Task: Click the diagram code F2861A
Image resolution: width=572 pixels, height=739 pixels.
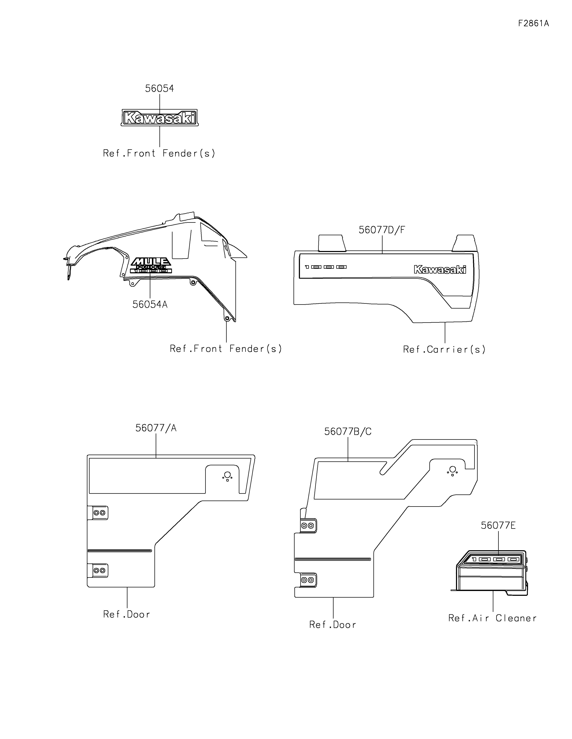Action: pos(533,23)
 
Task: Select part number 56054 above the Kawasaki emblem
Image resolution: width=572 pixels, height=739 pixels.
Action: pos(159,89)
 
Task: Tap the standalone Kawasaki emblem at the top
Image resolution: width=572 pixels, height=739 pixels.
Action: pos(159,118)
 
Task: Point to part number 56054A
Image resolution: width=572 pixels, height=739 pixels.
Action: pos(150,305)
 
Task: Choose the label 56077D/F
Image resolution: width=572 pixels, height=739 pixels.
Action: pos(382,230)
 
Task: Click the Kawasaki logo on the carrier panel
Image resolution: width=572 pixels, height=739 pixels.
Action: pos(440,270)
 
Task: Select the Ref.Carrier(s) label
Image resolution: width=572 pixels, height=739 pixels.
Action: pos(444,349)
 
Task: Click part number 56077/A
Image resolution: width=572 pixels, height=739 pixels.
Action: pos(156,428)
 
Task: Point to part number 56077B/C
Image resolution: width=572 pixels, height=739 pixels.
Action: pos(348,432)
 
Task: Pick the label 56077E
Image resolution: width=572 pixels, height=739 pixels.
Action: pos(498,526)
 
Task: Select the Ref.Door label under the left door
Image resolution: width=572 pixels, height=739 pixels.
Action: pos(127,614)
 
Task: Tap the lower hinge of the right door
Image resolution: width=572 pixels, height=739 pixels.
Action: pos(307,580)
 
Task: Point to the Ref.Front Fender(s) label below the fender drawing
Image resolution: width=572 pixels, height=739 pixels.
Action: pos(226,349)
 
